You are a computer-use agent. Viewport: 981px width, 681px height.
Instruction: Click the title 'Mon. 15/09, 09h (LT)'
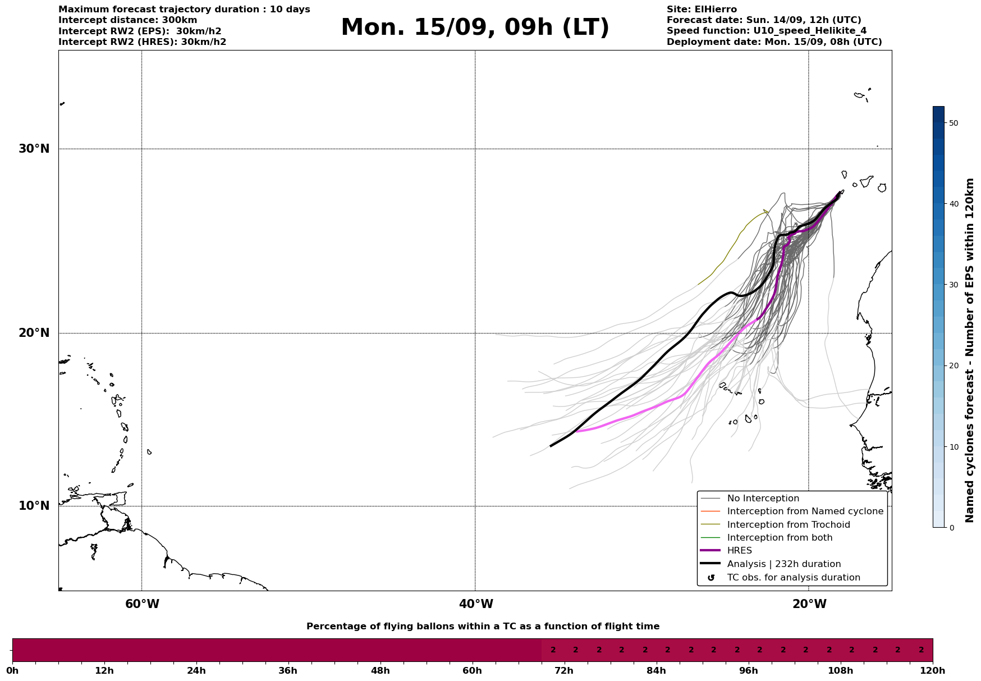pos(475,28)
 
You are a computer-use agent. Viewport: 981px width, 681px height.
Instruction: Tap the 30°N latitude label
pos(34,149)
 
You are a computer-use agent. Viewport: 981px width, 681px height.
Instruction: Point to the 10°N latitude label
pos(34,506)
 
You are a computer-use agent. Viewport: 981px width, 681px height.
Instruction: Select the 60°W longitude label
pos(142,604)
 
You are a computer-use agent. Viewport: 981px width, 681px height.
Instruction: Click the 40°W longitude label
pos(476,604)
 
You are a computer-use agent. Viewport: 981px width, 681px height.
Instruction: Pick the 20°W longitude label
pos(809,604)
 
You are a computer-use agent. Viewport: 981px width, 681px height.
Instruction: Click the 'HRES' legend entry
pos(739,551)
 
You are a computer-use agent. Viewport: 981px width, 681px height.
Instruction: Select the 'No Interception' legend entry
pos(763,499)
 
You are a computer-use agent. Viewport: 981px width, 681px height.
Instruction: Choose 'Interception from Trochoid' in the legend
pos(788,525)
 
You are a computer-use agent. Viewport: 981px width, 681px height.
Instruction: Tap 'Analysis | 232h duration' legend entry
pos(783,564)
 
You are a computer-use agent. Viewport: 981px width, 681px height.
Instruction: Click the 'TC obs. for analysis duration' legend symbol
pos(711,578)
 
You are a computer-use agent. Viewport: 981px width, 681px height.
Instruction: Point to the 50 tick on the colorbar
pos(953,123)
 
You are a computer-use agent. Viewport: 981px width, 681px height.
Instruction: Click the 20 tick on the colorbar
pos(953,366)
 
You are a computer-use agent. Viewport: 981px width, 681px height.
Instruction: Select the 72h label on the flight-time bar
pos(564,670)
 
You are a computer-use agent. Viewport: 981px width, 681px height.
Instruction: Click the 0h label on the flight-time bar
pos(12,670)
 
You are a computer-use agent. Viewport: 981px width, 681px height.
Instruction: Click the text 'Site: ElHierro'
pos(702,10)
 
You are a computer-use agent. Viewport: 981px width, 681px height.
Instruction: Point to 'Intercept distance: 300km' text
pos(128,20)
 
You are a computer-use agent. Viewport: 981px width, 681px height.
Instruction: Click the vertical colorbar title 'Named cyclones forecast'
pos(970,350)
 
